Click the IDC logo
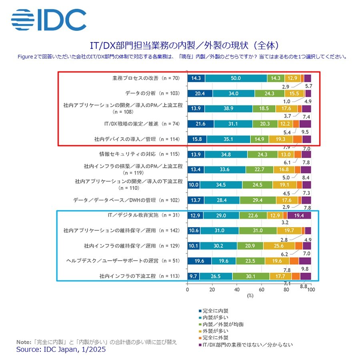pos(49,20)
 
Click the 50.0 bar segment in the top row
pos(236,78)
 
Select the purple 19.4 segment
pos(299,215)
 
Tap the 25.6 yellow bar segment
pos(279,246)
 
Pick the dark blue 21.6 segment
pos(201,124)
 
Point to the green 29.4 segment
pos(258,200)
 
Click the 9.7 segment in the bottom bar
pos(194,276)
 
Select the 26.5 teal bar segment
pos(216,276)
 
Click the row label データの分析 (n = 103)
pos(152,93)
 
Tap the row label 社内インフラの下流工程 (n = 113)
pos(140,276)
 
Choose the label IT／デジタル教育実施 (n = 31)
pos(144,215)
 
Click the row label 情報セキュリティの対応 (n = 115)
pos(140,154)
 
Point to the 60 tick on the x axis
pos(262,289)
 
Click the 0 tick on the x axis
pos(188,289)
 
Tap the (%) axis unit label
pos(250,295)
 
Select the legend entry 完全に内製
pos(214,311)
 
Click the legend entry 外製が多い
pos(214,331)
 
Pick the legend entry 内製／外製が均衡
pos(221,324)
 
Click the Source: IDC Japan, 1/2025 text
pos(61,349)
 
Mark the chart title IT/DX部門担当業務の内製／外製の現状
pos(169,45)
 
